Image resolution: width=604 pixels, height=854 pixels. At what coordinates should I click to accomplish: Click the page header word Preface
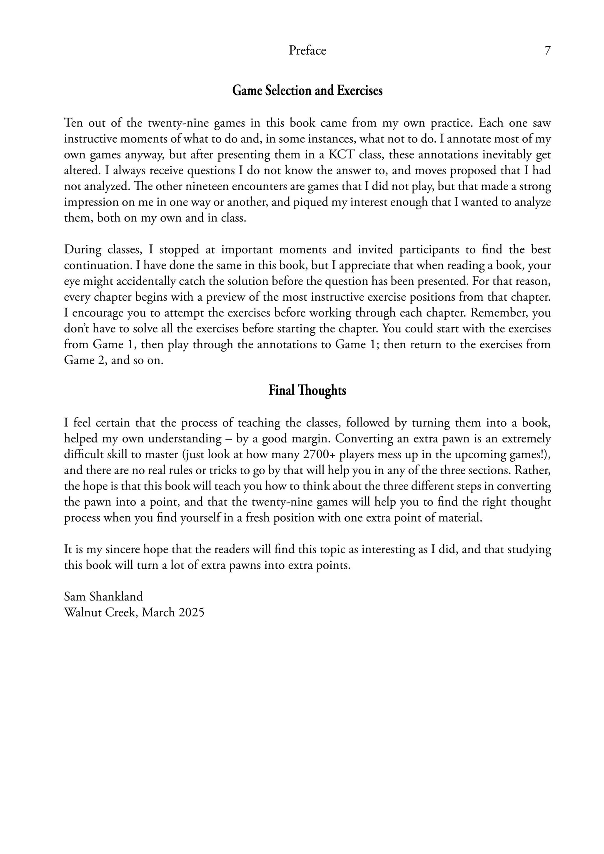point(307,51)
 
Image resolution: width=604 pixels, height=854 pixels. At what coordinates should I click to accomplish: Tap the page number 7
point(547,51)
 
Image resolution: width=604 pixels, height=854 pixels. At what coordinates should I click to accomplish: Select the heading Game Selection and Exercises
point(307,90)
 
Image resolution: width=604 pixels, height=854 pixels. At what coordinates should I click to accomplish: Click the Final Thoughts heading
point(307,391)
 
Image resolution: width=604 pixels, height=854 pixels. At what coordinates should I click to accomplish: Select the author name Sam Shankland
point(103,597)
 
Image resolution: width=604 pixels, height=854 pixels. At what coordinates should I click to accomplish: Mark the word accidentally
point(140,281)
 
